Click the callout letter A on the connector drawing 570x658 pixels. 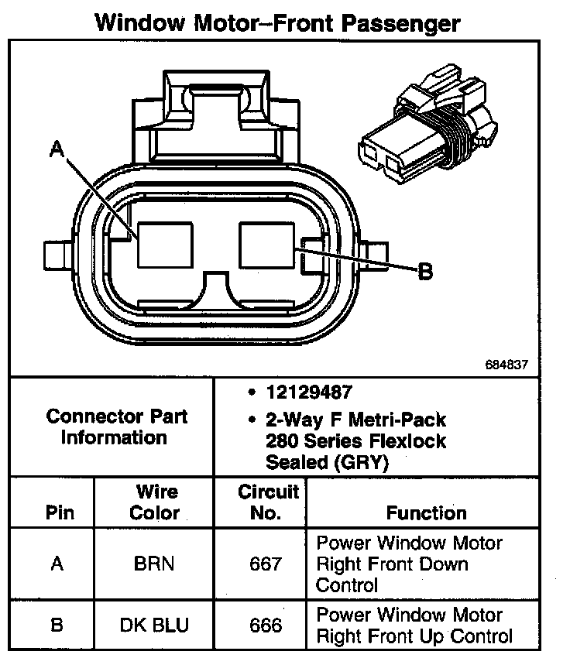point(57,149)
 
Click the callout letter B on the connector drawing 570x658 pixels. point(425,272)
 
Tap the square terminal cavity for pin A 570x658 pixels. point(166,245)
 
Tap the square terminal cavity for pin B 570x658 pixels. point(267,245)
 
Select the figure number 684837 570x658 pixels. point(506,365)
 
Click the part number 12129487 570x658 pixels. point(309,392)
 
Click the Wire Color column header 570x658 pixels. point(155,502)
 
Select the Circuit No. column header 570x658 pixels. point(268,502)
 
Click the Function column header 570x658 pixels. point(427,512)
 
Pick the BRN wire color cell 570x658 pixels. point(154,564)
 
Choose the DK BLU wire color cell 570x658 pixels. point(154,625)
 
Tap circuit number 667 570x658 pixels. point(266,564)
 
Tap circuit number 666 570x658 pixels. point(266,625)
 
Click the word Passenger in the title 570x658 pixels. point(401,23)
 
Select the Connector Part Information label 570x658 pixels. point(116,427)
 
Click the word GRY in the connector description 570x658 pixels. point(362,462)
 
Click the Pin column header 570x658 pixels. point(60,512)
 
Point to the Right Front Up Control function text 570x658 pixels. point(414,636)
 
